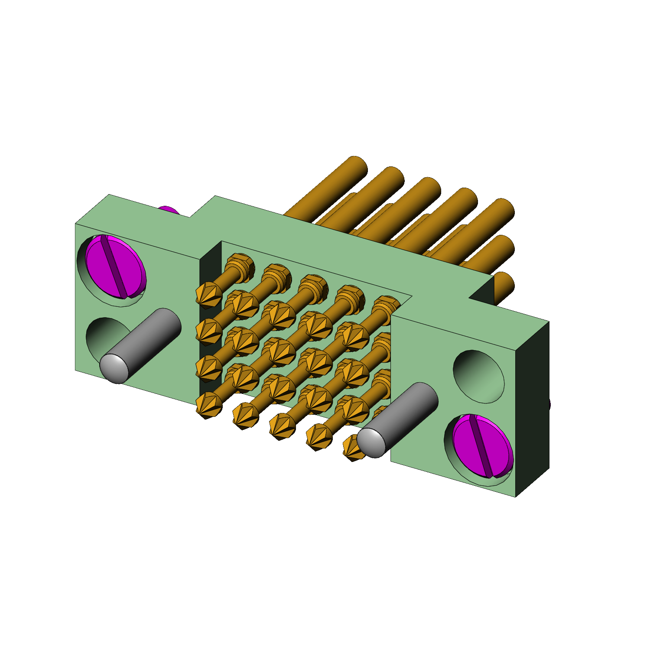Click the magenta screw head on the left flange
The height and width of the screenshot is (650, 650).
pos(116,267)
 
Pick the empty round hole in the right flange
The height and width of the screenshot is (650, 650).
pos(479,376)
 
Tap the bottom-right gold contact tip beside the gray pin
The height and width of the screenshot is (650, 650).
pos(351,448)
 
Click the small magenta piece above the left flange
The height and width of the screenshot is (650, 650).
pos(169,211)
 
